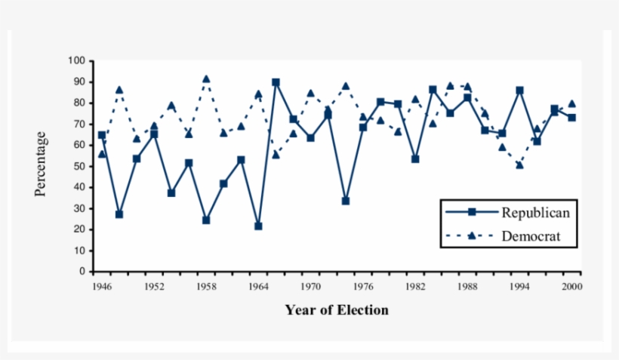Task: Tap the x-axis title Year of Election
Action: tap(337, 309)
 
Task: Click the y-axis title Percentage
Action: tap(41, 164)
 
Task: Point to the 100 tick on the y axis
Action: tap(76, 60)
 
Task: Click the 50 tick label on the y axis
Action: tap(79, 166)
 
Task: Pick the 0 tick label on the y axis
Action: tap(82, 272)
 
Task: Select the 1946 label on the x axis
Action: tap(102, 287)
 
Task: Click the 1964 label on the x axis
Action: tap(258, 287)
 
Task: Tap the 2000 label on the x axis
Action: tap(571, 287)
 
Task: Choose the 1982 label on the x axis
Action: tap(414, 287)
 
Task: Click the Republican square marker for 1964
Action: tap(258, 226)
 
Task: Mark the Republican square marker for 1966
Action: tap(276, 82)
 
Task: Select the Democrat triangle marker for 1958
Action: tap(206, 78)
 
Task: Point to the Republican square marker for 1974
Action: tap(345, 201)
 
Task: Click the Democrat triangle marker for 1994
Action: tap(519, 165)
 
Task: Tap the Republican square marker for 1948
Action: tap(119, 214)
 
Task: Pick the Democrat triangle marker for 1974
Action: tap(345, 86)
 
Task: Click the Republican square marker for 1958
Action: tap(206, 220)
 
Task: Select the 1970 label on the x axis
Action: tap(310, 287)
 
